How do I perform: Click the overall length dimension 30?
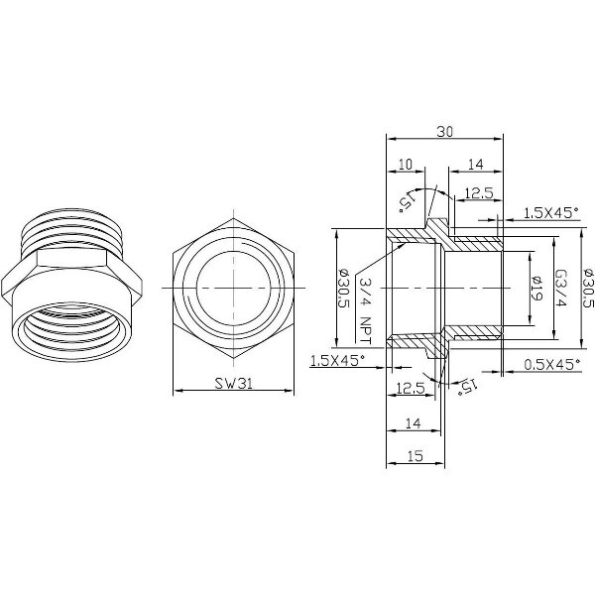click(444, 131)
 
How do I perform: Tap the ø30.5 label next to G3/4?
click(587, 288)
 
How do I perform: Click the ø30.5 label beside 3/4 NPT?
click(343, 288)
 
